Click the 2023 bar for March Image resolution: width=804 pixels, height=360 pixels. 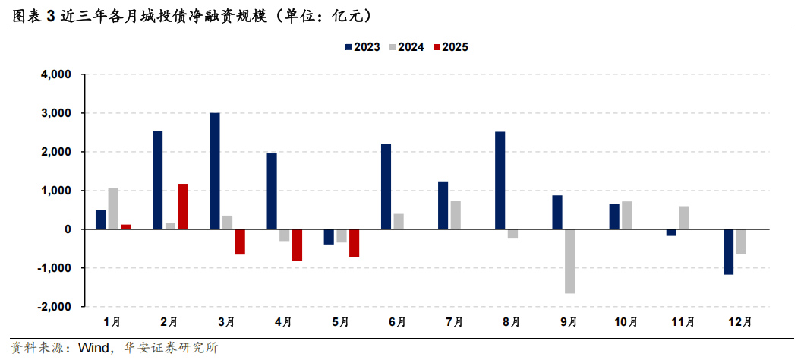(x=215, y=171)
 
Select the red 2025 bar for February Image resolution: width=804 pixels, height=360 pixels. (x=183, y=207)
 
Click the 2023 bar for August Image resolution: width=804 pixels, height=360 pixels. (x=500, y=181)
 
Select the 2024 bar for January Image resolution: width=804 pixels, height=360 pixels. (x=113, y=209)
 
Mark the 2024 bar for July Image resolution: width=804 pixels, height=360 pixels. (x=456, y=215)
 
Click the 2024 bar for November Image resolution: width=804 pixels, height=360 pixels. (x=684, y=218)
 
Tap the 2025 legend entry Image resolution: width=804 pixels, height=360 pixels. (x=450, y=47)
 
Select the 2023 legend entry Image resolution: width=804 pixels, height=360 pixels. (x=362, y=47)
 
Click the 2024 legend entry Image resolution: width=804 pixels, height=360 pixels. (x=406, y=47)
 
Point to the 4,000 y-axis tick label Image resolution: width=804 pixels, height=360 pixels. (x=56, y=75)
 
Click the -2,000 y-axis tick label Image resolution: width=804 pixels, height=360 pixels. (x=54, y=307)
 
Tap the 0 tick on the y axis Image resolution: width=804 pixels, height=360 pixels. (x=68, y=229)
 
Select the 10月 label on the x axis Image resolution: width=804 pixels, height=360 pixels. (x=626, y=323)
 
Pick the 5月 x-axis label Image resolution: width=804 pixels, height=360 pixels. (x=341, y=323)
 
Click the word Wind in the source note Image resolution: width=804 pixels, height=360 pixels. (x=95, y=348)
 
